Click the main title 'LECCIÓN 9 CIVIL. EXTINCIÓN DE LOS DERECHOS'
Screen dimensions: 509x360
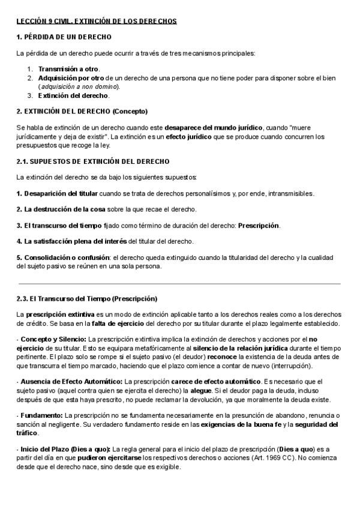click(x=97, y=21)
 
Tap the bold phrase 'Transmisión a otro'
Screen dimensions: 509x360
click(x=69, y=69)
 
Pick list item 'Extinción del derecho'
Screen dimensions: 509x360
click(x=73, y=95)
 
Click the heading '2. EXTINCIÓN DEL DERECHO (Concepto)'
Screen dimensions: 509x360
click(x=82, y=112)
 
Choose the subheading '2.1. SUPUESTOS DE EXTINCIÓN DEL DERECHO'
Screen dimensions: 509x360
click(x=93, y=161)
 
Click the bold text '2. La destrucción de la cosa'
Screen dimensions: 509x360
click(x=61, y=209)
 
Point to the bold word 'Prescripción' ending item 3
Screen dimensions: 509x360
click(x=259, y=226)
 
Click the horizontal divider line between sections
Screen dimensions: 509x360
click(x=179, y=283)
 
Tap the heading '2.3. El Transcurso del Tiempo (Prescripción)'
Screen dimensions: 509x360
click(x=88, y=299)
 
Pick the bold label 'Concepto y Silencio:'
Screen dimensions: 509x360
click(x=53, y=339)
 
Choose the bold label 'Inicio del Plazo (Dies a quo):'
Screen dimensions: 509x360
click(x=65, y=449)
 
